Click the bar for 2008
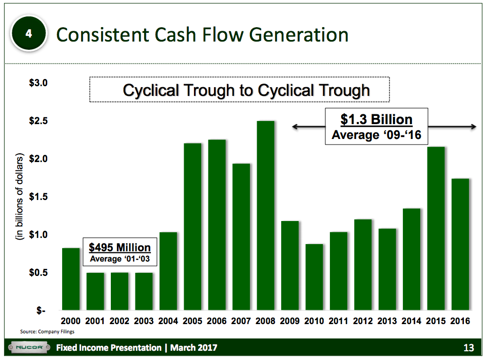265,215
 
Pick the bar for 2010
314,277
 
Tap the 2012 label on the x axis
363,321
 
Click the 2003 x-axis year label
144,321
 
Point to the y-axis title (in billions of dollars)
19,197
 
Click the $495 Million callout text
120,247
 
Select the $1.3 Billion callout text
376,120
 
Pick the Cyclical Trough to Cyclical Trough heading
246,90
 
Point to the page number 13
468,348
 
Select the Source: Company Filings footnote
47,332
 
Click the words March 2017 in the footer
193,348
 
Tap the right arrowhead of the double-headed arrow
474,127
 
